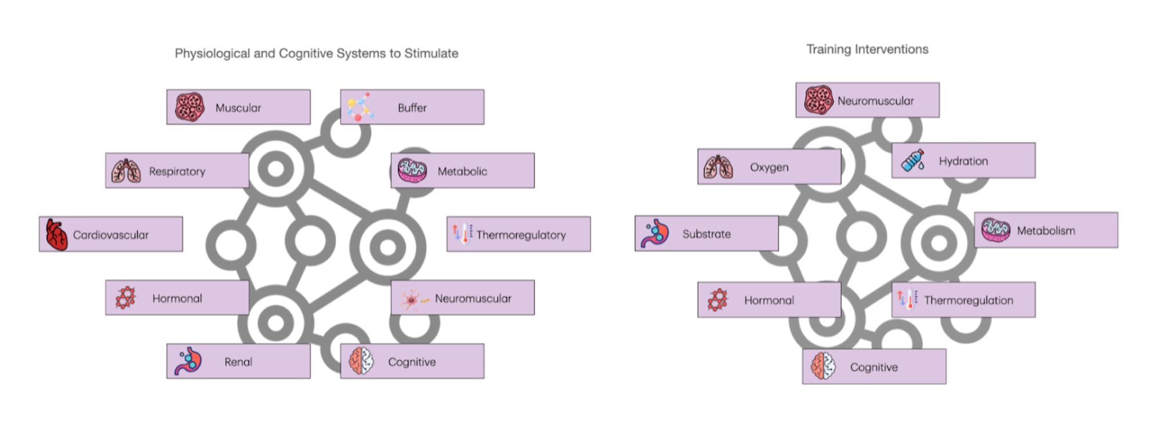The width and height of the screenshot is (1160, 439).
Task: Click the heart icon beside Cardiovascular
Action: [x=56, y=234]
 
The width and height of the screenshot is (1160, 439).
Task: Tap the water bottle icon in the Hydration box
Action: [x=913, y=161]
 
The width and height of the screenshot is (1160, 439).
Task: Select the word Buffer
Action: [x=412, y=108]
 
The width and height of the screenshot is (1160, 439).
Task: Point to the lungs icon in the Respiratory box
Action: [x=126, y=171]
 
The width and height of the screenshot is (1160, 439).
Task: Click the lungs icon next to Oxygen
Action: [x=718, y=167]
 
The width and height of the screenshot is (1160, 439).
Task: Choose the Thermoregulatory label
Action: [x=521, y=235]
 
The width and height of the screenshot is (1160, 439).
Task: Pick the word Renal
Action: [x=238, y=362]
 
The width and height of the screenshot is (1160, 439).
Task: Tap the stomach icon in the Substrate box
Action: [x=655, y=233]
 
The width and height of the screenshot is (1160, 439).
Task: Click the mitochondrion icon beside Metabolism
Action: [x=995, y=230]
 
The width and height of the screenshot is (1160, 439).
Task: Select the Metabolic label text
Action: [x=462, y=172]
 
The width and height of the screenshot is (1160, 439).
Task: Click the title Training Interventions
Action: [x=867, y=49]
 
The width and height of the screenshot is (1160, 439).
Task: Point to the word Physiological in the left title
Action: [x=212, y=53]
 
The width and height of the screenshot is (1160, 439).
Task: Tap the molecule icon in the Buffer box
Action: [x=360, y=107]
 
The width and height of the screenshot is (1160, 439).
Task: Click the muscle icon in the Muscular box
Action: [x=190, y=107]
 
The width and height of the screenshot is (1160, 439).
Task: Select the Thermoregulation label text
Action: [x=969, y=300]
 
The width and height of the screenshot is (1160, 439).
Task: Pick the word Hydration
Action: [x=963, y=161]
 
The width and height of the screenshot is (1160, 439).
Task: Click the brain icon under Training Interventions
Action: [x=823, y=367]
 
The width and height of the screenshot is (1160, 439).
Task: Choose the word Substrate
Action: [x=706, y=234]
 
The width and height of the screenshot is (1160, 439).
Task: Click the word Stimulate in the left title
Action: [x=431, y=53]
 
